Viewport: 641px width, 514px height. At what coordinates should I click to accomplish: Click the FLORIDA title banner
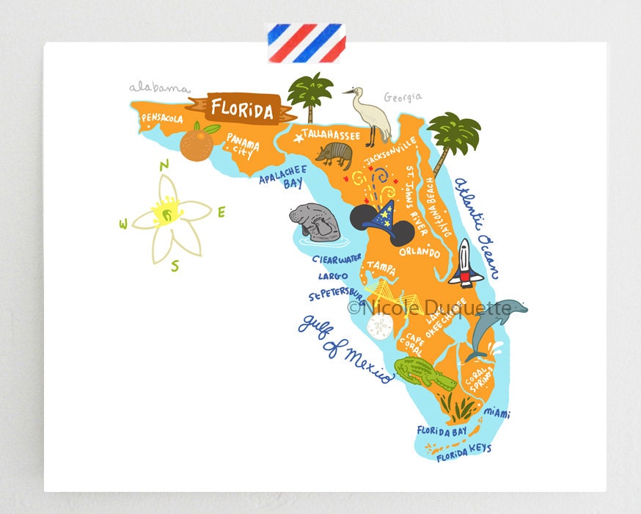242,110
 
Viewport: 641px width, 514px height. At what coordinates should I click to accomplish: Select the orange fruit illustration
197,144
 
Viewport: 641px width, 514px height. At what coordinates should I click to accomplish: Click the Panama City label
241,145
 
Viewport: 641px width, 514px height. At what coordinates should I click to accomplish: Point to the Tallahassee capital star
298,137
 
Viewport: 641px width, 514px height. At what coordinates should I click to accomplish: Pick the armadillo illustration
334,154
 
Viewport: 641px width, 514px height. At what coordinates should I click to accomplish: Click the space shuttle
464,262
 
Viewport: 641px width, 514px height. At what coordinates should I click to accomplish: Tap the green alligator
425,374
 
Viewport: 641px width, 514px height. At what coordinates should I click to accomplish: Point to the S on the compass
175,266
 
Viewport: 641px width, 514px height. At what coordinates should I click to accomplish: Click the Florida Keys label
464,453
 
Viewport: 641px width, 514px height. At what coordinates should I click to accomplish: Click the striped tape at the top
304,43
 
